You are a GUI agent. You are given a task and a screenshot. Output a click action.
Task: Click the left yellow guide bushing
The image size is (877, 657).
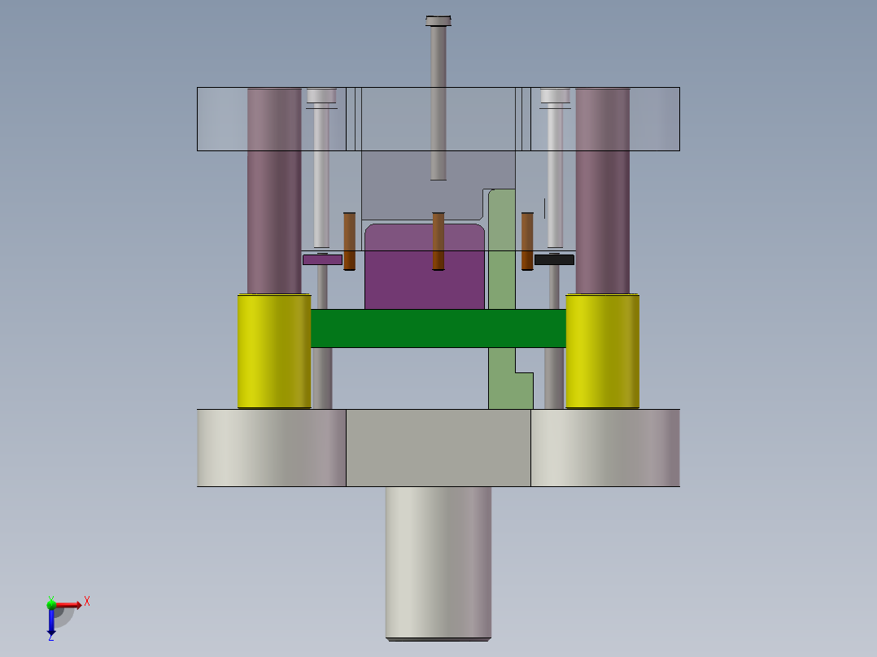pyautogui.click(x=273, y=351)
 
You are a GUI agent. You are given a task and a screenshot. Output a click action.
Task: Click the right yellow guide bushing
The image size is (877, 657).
pyautogui.click(x=602, y=351)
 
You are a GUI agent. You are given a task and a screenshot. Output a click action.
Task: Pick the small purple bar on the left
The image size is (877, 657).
pyautogui.click(x=322, y=260)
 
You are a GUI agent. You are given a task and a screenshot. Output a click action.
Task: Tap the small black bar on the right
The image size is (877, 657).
pyautogui.click(x=554, y=260)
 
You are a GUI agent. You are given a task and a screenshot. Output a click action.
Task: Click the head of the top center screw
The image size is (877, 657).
pyautogui.click(x=438, y=20)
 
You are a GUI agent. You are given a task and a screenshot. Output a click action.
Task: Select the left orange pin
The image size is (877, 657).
pyautogui.click(x=350, y=241)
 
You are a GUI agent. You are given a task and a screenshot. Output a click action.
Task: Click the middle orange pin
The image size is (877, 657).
pyautogui.click(x=438, y=241)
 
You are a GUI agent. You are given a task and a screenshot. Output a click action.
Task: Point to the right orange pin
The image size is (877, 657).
pyautogui.click(x=527, y=241)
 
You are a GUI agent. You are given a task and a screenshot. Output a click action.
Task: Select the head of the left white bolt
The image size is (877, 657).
pyautogui.click(x=321, y=96)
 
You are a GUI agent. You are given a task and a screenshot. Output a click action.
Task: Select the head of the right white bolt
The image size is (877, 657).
pyautogui.click(x=556, y=96)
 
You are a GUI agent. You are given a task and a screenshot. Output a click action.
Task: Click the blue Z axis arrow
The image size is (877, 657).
pyautogui.click(x=51, y=624)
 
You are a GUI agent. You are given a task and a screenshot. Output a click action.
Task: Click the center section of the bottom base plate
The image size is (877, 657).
pyautogui.click(x=438, y=447)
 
